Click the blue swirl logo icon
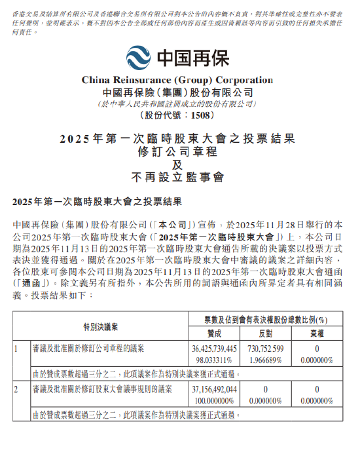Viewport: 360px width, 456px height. tap(139, 58)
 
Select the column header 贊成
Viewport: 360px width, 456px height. tap(215, 333)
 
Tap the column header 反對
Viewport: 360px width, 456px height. tap(265, 333)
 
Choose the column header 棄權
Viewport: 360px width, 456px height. tap(316, 333)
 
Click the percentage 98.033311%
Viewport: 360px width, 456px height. tap(215, 360)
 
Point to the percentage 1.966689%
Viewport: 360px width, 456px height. tap(265, 360)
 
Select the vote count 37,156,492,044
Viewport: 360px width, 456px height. tap(215, 389)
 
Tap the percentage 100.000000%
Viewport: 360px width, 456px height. tap(215, 400)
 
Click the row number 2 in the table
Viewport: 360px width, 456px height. tap(17, 389)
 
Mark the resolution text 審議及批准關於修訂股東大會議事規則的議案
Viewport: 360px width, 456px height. tap(101, 389)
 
